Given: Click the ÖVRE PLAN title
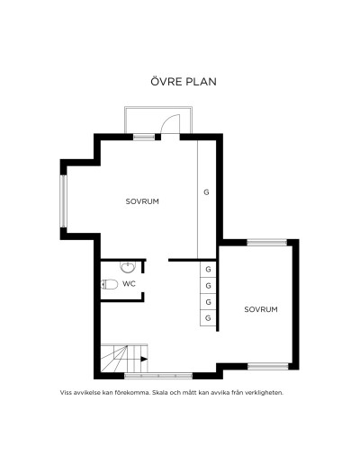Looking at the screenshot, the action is (x=184, y=81).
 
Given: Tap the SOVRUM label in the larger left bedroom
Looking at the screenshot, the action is (x=142, y=201).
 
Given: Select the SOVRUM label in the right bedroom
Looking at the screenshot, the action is (x=261, y=309).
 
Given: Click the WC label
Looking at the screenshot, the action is (x=129, y=283).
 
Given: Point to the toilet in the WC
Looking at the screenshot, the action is (x=110, y=284).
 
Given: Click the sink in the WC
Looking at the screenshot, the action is (x=128, y=267).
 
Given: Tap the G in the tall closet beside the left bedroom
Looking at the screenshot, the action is (x=206, y=192).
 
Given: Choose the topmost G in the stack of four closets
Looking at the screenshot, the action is (x=208, y=269).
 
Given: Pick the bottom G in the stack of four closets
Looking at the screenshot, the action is (x=208, y=318).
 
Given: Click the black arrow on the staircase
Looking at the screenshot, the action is (x=144, y=359).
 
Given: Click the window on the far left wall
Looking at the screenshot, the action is (x=63, y=201).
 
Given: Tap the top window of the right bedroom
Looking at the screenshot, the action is (x=267, y=243).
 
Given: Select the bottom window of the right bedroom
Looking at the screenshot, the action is (x=268, y=366).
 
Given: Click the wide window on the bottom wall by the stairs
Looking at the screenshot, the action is (x=158, y=376).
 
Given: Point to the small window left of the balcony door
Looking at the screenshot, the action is (x=144, y=138).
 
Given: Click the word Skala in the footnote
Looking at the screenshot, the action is (x=159, y=393).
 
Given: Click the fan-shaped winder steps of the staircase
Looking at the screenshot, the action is (x=114, y=358).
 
